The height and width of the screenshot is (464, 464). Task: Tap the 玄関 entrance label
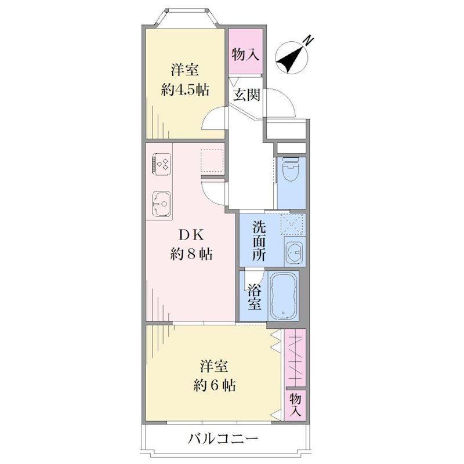(246, 95)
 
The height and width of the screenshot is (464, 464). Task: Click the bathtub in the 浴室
(283, 295)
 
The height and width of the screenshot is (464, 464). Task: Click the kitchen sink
(162, 204)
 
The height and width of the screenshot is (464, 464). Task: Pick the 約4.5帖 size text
(185, 90)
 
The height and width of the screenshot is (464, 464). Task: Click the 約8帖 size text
(191, 253)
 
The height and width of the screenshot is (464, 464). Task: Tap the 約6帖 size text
(214, 385)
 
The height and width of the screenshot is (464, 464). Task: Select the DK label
(190, 235)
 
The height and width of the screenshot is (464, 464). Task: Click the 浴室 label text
(253, 296)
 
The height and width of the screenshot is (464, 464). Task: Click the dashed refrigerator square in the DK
(212, 161)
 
